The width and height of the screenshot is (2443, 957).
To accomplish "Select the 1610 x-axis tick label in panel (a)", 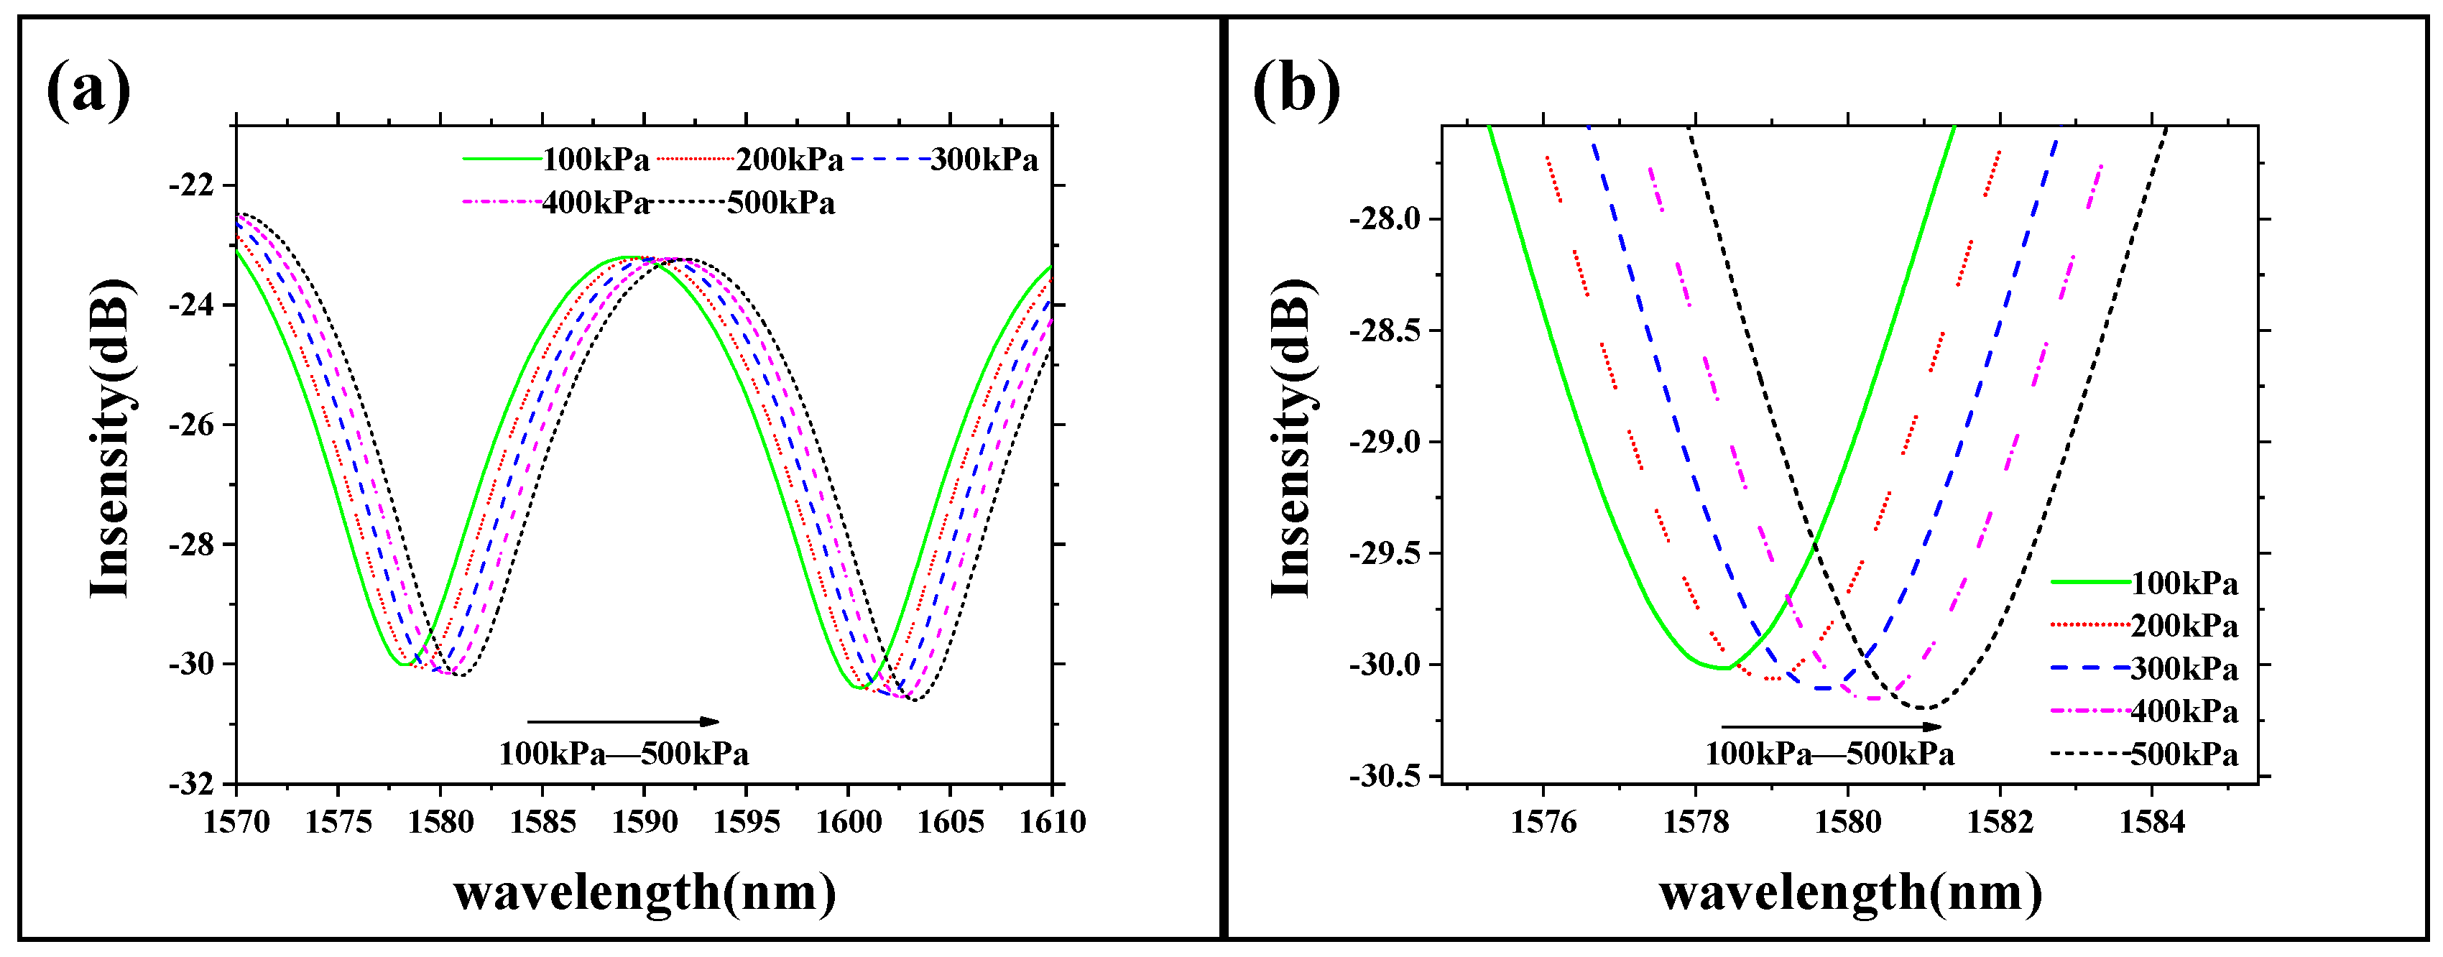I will pyautogui.click(x=1052, y=821).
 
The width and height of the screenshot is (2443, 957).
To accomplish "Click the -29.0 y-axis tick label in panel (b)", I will pyautogui.click(x=1385, y=442).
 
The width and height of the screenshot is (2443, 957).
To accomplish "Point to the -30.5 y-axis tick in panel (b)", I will pyautogui.click(x=1385, y=776).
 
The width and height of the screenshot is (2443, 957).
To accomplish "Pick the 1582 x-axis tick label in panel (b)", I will pyautogui.click(x=2000, y=821).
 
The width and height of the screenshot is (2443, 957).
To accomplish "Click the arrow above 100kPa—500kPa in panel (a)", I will pyautogui.click(x=623, y=722).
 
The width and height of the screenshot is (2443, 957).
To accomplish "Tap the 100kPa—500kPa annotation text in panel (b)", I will pyautogui.click(x=1829, y=754).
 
